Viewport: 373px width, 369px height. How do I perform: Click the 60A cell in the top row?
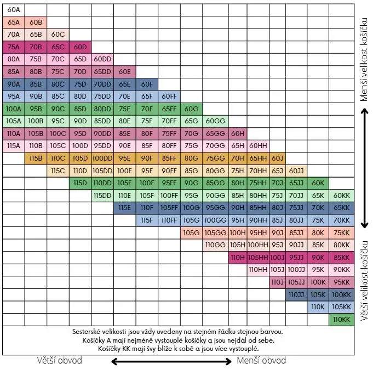point(14,10)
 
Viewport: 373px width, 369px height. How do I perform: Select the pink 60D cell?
point(80,47)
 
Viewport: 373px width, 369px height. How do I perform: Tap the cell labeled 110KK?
point(341,319)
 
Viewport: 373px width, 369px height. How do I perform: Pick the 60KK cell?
point(341,195)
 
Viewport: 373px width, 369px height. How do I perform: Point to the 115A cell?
point(14,146)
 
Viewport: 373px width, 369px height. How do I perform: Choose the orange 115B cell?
point(36,158)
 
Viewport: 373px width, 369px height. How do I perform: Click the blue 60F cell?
point(147,84)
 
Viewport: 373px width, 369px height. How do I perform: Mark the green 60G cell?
point(191,109)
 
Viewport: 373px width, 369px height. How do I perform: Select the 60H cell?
point(237,133)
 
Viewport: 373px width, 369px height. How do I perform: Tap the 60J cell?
point(278,158)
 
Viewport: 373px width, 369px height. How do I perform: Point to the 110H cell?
point(237,257)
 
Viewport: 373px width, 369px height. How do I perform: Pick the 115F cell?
point(147,220)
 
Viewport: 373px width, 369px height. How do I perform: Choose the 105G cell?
point(191,232)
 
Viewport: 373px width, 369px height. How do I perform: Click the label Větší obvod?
point(60,360)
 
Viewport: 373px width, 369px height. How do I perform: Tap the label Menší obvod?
point(261,360)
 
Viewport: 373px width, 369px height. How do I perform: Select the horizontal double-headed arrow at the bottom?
point(171,361)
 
